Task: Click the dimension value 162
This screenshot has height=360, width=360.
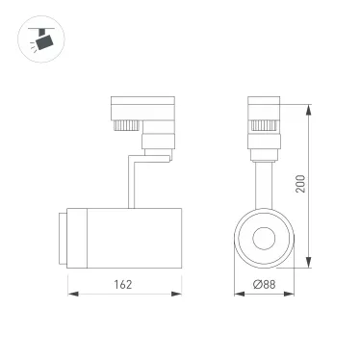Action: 120,286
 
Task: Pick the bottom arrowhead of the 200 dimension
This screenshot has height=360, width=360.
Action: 309,266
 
